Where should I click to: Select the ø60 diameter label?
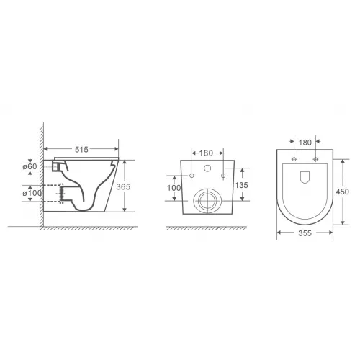point(30,167)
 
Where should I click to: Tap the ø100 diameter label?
point(30,193)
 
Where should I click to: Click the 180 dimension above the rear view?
point(207,153)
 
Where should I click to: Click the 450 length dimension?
point(343,192)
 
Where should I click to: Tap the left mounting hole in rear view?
point(193,176)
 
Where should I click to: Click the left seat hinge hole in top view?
point(295,159)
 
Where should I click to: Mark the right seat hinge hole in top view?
point(315,159)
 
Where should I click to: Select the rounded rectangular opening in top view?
point(305,175)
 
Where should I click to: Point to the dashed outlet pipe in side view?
point(54,193)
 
